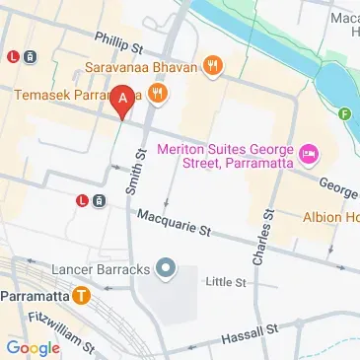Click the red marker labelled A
coord(122,99)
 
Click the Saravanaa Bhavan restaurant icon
coord(212,66)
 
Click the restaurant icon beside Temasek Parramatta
coord(158,95)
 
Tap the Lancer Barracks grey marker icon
coord(165,267)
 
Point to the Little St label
coord(226,282)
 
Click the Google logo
coord(33,347)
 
